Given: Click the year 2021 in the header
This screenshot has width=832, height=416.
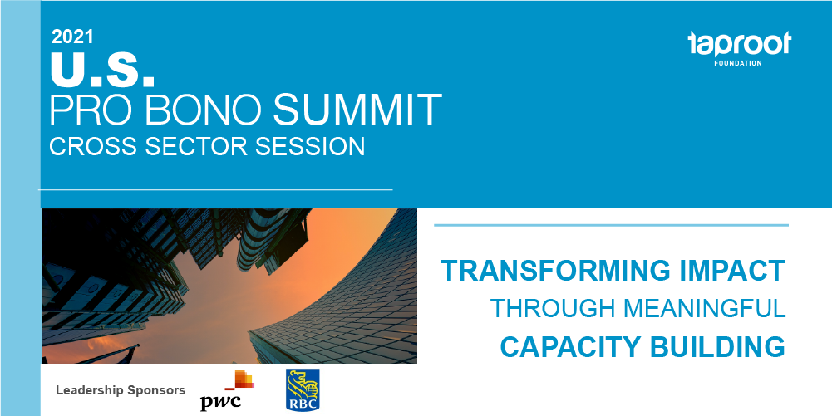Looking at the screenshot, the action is (72, 37).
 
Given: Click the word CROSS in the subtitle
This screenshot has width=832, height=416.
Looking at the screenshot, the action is (92, 146).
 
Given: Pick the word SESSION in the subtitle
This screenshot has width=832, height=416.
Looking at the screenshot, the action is (310, 146).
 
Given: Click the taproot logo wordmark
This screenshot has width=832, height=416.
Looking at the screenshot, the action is (739, 44).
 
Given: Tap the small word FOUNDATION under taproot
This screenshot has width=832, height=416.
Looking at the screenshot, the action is (737, 63).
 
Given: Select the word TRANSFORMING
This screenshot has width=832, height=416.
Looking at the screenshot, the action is (556, 270).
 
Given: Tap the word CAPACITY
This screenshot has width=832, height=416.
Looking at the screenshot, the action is (570, 346).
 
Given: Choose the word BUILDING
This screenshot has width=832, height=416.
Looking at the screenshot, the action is (717, 346).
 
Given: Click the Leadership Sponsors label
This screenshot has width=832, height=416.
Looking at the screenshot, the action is (121, 390).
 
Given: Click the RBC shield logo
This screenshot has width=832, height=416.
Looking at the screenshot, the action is (303, 389).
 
